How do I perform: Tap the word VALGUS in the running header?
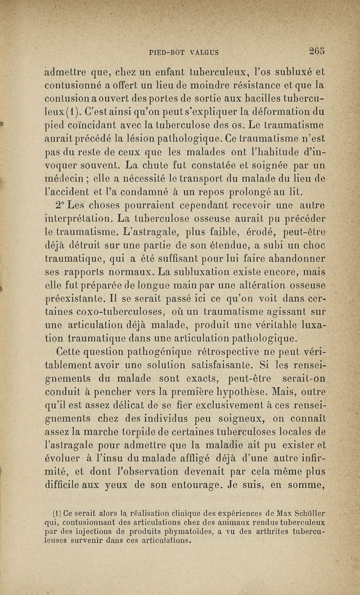[199, 52]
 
